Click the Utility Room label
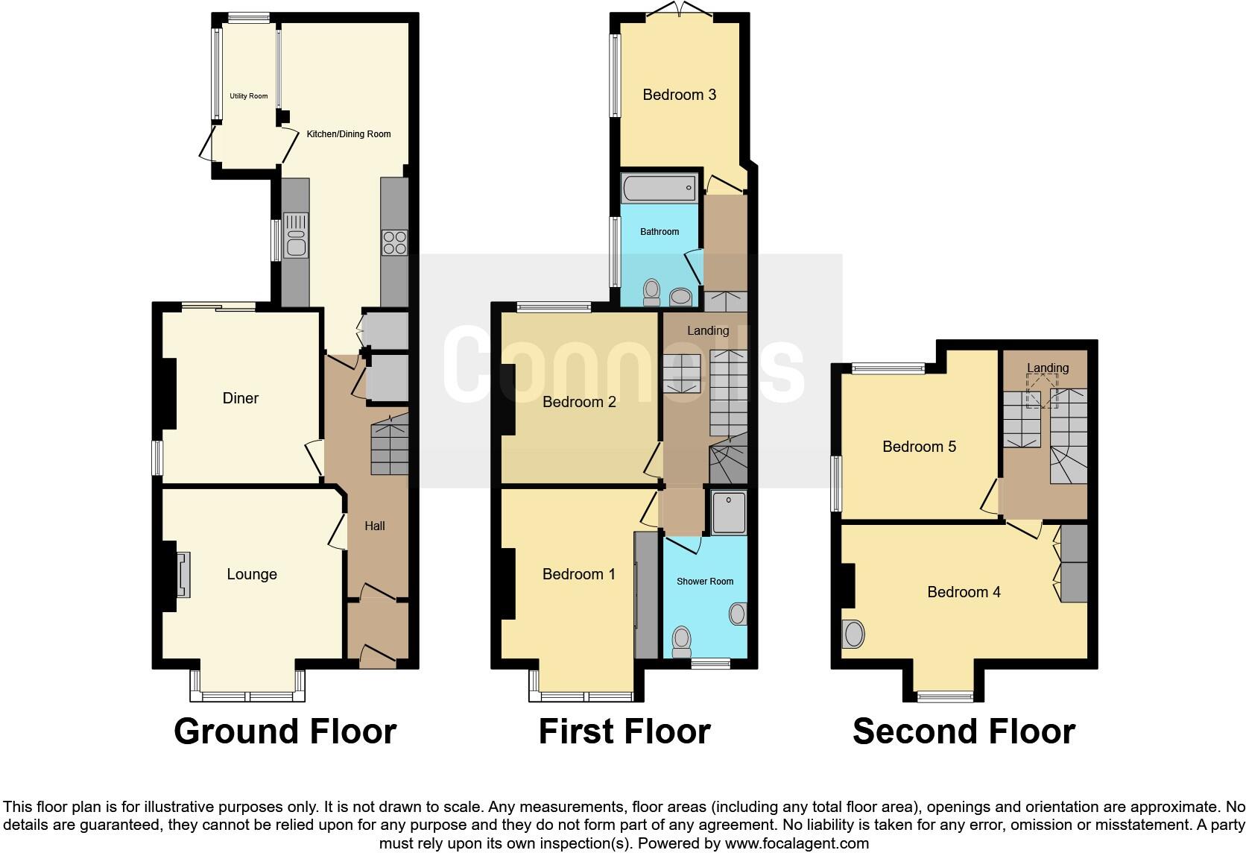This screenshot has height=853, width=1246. [x=248, y=96]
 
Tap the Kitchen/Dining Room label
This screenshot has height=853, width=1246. [x=349, y=134]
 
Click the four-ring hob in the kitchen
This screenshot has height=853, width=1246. [x=394, y=242]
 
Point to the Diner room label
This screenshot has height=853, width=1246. [x=241, y=398]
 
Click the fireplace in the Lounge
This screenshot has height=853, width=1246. [x=183, y=574]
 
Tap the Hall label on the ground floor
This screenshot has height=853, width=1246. [x=375, y=526]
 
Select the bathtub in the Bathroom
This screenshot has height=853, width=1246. [x=659, y=188]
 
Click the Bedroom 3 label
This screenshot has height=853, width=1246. [x=679, y=95]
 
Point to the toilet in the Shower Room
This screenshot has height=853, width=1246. [x=681, y=641]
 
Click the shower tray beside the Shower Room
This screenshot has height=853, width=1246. [x=728, y=512]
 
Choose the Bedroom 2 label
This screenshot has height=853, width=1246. [x=579, y=403]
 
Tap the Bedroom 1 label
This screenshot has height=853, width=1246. [x=578, y=574]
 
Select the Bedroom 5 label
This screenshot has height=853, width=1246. [x=919, y=447]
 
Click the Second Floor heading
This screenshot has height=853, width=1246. [x=964, y=731]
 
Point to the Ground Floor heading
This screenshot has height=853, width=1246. [x=285, y=731]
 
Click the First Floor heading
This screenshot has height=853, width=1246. [x=624, y=731]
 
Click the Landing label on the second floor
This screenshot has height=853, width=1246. [x=1047, y=368]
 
